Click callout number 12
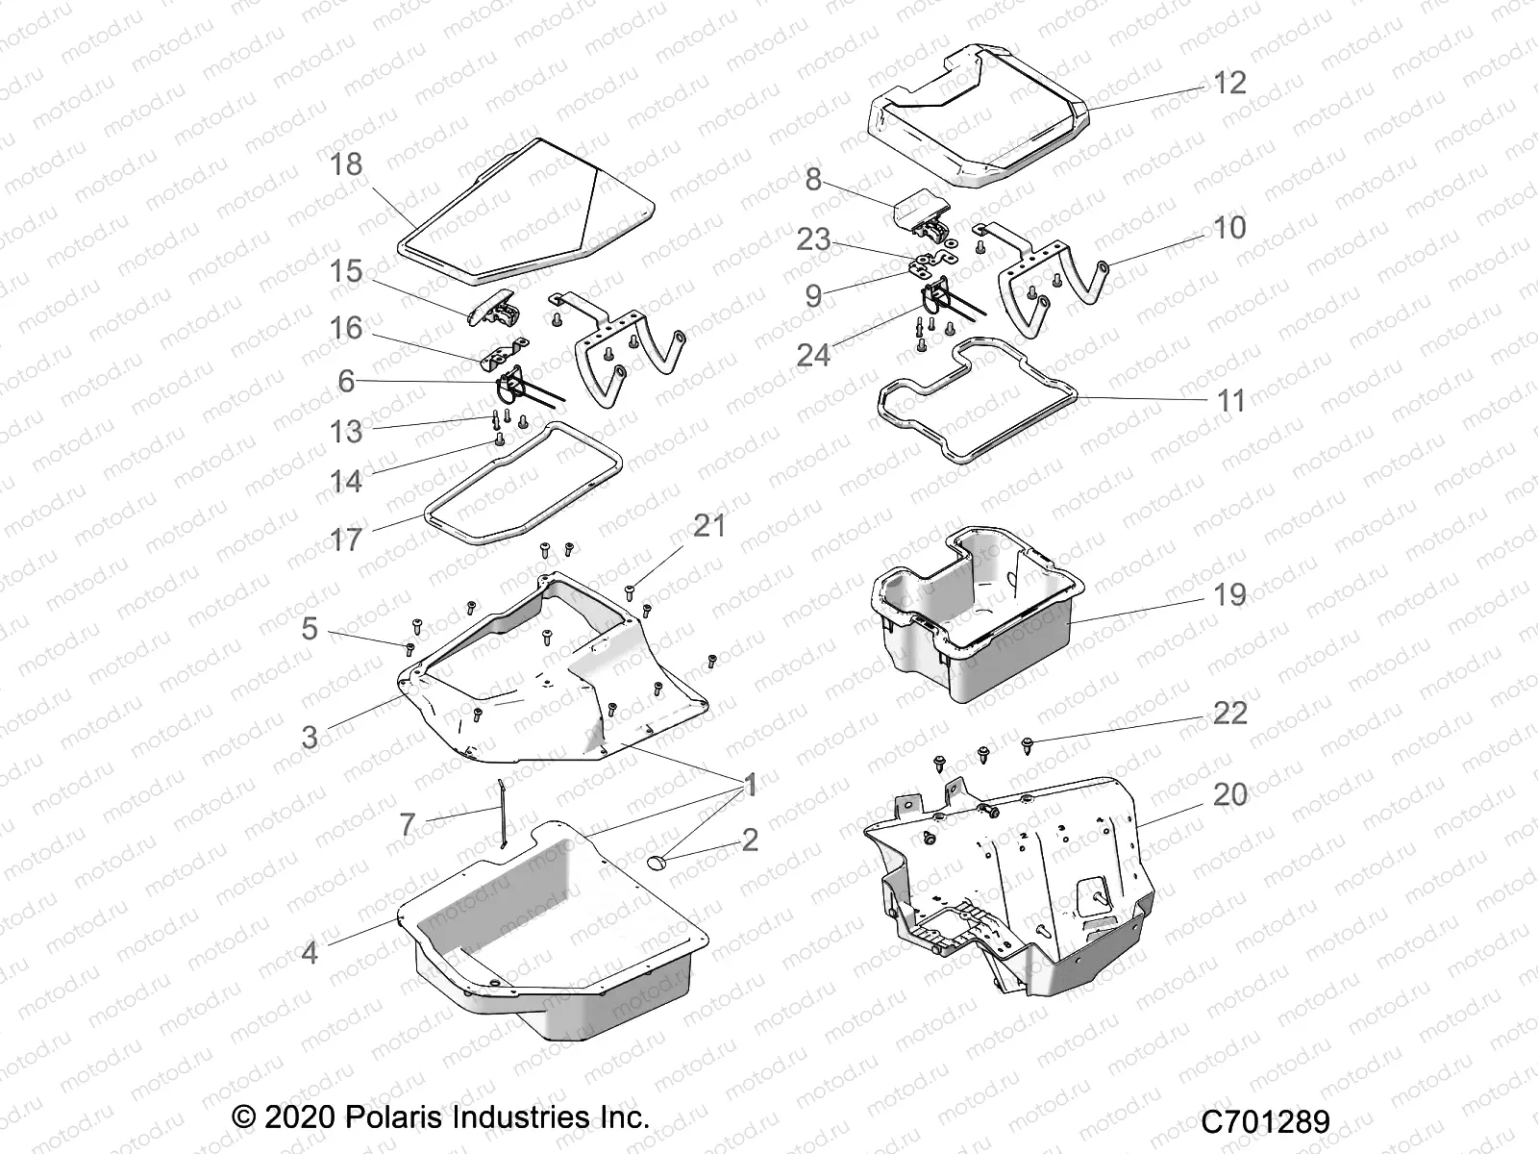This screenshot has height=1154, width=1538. click(1229, 83)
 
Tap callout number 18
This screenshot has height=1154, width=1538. click(346, 164)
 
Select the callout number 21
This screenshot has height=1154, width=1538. click(709, 526)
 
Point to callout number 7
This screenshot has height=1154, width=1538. click(408, 824)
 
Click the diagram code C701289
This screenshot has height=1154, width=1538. click(1266, 1121)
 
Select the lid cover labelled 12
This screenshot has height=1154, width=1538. click(980, 120)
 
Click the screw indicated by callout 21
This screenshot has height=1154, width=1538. click(631, 590)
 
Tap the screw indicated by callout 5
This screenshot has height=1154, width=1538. click(410, 648)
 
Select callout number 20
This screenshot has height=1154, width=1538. click(1230, 794)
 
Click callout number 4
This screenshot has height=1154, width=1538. click(310, 953)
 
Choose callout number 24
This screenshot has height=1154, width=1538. click(813, 355)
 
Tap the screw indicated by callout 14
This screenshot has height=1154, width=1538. click(499, 439)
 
